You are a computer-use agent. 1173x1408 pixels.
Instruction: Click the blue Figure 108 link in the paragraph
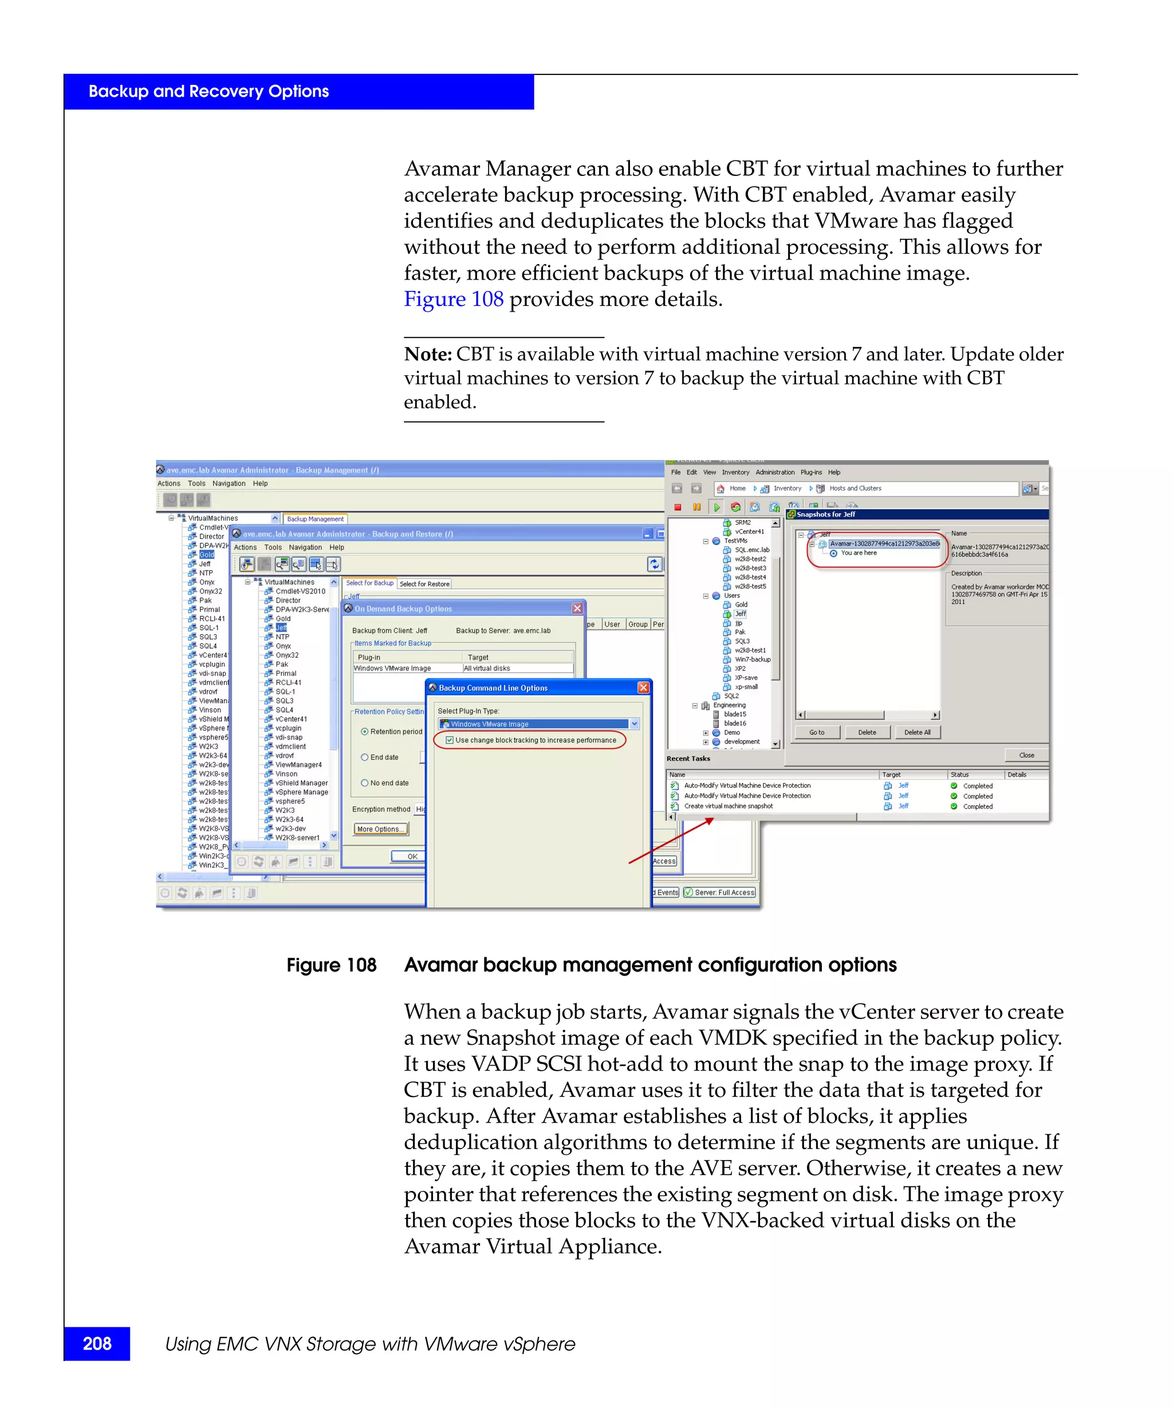(453, 299)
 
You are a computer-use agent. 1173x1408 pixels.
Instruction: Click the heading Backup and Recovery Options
(208, 92)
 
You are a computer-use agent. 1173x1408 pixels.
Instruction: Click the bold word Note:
(428, 354)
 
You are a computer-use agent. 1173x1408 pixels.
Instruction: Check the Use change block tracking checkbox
(450, 740)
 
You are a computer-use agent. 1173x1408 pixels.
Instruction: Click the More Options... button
(381, 829)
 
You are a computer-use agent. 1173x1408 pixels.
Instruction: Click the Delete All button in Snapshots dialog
(916, 732)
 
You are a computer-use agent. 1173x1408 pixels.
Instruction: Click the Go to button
(816, 732)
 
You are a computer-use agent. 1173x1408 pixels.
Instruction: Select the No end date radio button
(365, 783)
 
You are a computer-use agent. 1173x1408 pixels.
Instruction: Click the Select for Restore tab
(424, 584)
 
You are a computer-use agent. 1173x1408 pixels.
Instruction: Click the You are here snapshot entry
(858, 553)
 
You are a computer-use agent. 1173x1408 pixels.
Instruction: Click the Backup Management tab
(315, 519)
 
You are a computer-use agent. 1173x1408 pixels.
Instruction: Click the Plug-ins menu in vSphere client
(810, 473)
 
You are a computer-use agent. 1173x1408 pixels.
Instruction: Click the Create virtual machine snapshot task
(728, 807)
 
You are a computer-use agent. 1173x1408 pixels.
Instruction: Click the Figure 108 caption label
(331, 965)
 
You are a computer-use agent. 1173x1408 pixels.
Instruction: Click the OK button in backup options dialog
(412, 856)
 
